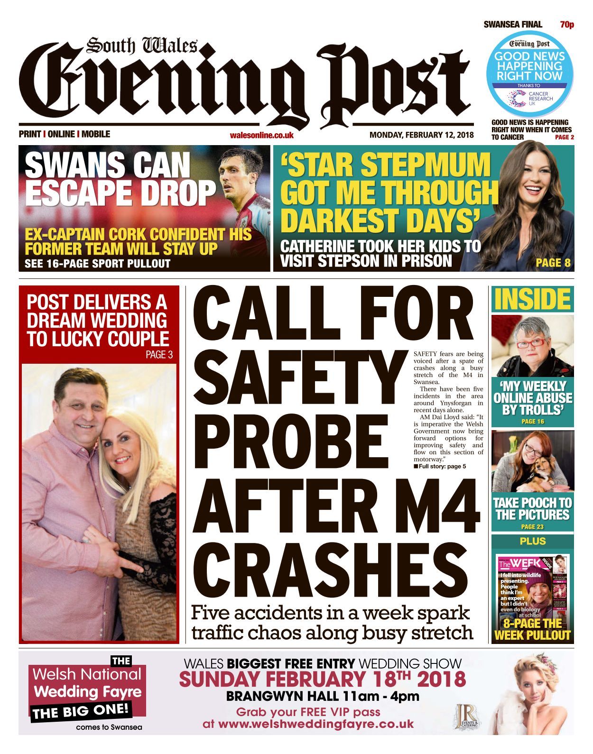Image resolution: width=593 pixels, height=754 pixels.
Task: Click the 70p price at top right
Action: click(567, 25)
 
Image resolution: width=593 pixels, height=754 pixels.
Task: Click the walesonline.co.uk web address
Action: click(261, 135)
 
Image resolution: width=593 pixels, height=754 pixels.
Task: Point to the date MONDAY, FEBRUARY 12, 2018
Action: click(421, 135)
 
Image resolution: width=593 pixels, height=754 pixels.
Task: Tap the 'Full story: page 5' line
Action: click(440, 467)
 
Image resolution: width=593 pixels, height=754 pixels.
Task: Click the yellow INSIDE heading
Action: click(532, 299)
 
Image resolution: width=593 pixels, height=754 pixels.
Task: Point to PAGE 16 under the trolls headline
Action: click(532, 421)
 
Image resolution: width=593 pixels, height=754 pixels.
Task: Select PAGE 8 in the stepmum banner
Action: click(553, 262)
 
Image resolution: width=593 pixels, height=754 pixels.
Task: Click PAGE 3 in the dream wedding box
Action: click(159, 355)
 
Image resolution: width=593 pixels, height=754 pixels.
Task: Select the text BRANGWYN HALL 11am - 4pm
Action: click(323, 697)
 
